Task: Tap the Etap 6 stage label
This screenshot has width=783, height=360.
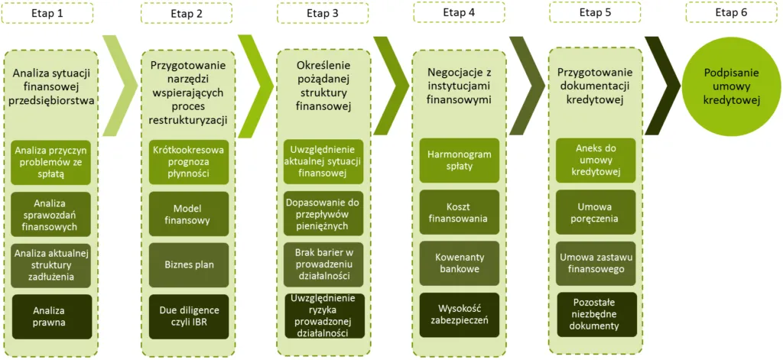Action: point(731,13)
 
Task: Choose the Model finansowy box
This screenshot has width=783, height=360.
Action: point(187,214)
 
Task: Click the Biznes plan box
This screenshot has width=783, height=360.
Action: point(187,265)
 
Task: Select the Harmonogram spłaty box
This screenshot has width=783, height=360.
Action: point(459,161)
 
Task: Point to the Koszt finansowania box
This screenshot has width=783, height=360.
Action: point(459,212)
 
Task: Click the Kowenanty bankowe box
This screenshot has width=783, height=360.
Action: point(459,264)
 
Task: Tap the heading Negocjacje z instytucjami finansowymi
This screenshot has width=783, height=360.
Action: point(459,85)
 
